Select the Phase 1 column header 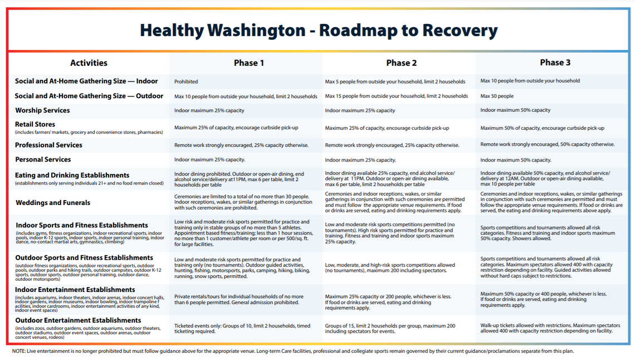click(x=249, y=63)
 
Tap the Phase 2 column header click(x=401, y=63)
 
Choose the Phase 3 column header click(x=555, y=62)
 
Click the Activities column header click(x=89, y=63)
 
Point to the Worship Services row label click(x=42, y=110)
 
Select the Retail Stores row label click(x=35, y=124)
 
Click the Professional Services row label click(x=48, y=145)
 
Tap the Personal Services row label click(x=43, y=159)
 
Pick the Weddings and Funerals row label click(x=53, y=203)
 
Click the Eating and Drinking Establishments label click(x=72, y=175)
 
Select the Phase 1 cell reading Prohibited click(x=186, y=81)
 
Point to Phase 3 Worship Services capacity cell click(x=515, y=110)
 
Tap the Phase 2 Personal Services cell click(x=360, y=160)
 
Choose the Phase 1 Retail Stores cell click(x=236, y=128)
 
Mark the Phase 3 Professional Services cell click(x=547, y=144)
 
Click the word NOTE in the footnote click(x=19, y=352)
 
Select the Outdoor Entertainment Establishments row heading click(x=78, y=320)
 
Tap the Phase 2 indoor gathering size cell click(x=395, y=81)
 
